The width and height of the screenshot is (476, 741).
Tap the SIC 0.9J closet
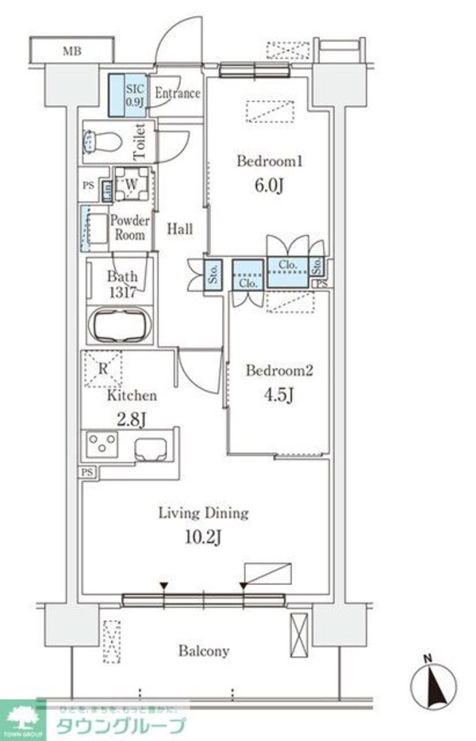tap(134, 95)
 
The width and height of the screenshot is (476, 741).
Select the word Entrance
tap(177, 94)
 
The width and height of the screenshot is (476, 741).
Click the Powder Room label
tap(128, 228)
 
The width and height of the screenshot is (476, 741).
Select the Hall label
tap(180, 229)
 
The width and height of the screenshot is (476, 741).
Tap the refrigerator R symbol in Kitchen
tap(102, 368)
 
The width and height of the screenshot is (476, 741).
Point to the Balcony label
tap(204, 651)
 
